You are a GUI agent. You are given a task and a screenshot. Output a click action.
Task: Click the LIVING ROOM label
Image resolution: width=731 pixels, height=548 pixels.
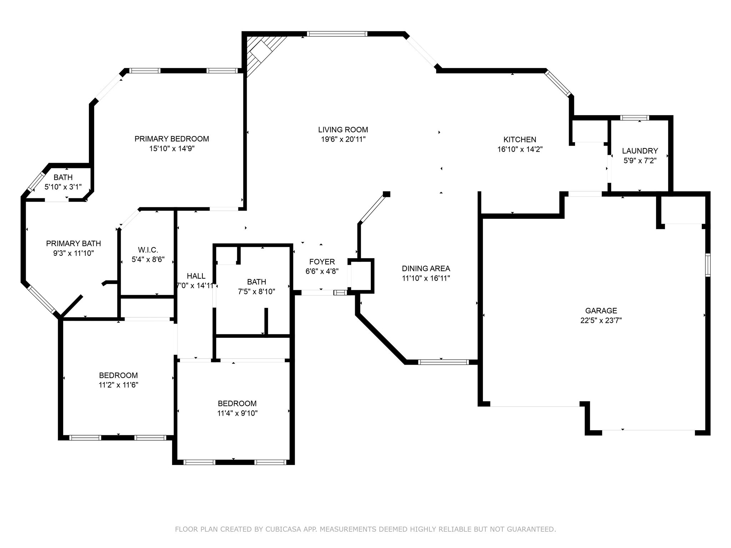coord(343,130)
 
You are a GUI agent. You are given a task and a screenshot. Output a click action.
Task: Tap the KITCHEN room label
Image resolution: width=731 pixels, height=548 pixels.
coord(520,140)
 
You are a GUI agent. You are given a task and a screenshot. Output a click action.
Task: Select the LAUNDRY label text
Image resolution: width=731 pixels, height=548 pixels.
coord(640,151)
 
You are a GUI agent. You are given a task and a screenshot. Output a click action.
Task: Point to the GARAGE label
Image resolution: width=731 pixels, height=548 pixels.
coord(601,311)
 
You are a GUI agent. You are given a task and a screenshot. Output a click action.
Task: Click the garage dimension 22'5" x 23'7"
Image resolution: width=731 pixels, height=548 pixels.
coord(601,320)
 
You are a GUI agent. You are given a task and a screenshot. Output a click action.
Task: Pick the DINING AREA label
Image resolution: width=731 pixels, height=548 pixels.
coord(426,269)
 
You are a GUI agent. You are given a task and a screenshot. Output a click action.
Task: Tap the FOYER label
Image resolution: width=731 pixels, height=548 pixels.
coord(322,262)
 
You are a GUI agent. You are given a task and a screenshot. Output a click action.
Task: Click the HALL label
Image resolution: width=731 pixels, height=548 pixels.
coord(196,276)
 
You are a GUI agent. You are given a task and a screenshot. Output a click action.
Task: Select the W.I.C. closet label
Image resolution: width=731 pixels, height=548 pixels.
coord(148,250)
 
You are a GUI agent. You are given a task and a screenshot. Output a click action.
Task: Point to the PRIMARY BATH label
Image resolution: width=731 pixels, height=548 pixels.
coord(74,244)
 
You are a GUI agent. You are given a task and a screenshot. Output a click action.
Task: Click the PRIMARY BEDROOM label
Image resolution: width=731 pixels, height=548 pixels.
coord(172,139)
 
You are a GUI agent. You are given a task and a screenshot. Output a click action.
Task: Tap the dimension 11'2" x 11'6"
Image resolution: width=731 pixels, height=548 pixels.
coord(119,385)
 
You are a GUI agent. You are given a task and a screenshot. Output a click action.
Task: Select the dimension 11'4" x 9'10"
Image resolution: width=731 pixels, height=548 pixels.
coord(237,413)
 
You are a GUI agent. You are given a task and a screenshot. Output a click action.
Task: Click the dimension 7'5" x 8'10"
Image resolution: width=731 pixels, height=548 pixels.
coord(257,291)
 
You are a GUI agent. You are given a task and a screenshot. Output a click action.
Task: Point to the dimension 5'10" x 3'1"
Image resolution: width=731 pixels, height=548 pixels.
coord(63,187)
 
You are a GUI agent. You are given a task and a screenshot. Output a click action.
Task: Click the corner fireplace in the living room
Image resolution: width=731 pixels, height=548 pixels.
coord(262,54)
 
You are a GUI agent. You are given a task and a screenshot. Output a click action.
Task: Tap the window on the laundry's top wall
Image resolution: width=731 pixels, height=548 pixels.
coord(635,118)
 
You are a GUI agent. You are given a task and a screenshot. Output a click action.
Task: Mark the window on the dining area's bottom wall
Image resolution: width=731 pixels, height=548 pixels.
coord(443,362)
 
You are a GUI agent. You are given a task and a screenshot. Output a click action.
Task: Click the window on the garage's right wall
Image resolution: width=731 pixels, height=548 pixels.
coord(707,265)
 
